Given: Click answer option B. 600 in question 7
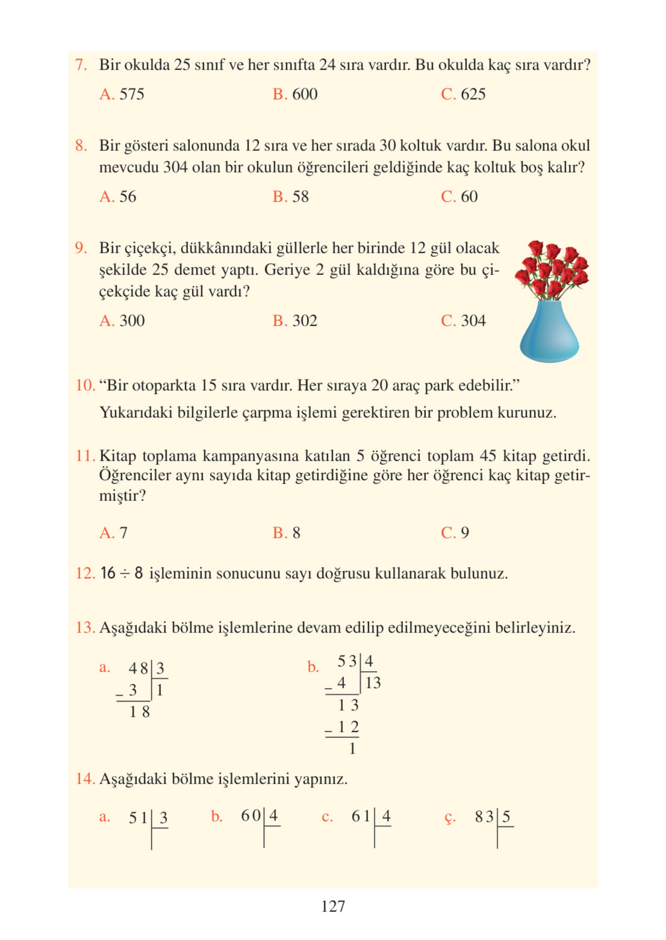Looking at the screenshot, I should pos(295,94).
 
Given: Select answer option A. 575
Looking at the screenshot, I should pos(122,94).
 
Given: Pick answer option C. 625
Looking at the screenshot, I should pos(463,94).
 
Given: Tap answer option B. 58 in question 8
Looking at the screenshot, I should pos(290,197).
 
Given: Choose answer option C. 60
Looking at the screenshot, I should pos(459,197).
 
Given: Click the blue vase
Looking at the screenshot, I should pos(549,332).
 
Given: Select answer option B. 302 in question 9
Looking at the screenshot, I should pos(295,321).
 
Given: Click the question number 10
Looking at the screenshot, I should pos(85,386).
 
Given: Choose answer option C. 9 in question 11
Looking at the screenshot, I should pos(455,533).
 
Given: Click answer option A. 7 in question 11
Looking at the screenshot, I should pos(113,533).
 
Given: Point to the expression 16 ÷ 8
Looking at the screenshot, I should pos(121,573).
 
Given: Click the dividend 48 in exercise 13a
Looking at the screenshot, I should pos(138,668).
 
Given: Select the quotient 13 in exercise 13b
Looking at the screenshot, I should pos(373,683).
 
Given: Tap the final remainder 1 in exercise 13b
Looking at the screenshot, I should pos(352,749).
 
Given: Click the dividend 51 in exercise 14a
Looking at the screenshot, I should pos(138,818).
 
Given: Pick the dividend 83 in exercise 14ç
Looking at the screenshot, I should pos(484,817).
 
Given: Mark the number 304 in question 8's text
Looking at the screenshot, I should pos(175,168).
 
